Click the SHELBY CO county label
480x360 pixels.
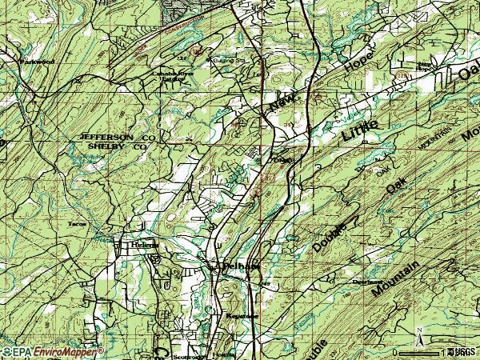[118, 147]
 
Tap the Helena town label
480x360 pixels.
[146, 245]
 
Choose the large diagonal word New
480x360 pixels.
[282, 101]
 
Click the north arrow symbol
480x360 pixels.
[420, 336]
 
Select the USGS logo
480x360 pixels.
[462, 351]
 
